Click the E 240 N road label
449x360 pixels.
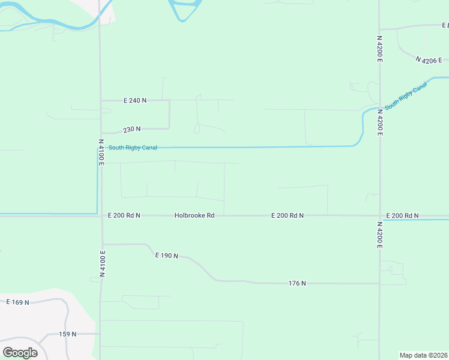coord(134,100)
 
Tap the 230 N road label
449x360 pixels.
coord(132,129)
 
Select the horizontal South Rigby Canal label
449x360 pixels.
coord(133,148)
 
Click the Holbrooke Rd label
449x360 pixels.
coord(194,215)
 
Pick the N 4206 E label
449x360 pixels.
coord(428,60)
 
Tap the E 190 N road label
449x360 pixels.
coord(167,256)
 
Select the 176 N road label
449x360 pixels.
coord(297,283)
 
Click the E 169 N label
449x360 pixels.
coord(18,302)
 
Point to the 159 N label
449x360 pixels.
coord(67,334)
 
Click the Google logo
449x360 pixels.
coord(20,352)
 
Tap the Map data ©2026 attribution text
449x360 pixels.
coord(424,355)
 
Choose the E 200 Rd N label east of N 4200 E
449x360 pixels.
coord(402,215)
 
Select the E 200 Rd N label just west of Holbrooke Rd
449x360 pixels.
coord(124,215)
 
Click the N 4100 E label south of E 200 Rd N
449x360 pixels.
coord(102,263)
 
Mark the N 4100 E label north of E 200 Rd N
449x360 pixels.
coord(101,152)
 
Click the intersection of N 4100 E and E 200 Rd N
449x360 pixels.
coord(101,215)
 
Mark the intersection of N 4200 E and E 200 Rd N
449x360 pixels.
coord(379,215)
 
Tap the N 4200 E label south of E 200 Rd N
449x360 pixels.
coord(380,235)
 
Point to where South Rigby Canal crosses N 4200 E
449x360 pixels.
coord(379,106)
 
